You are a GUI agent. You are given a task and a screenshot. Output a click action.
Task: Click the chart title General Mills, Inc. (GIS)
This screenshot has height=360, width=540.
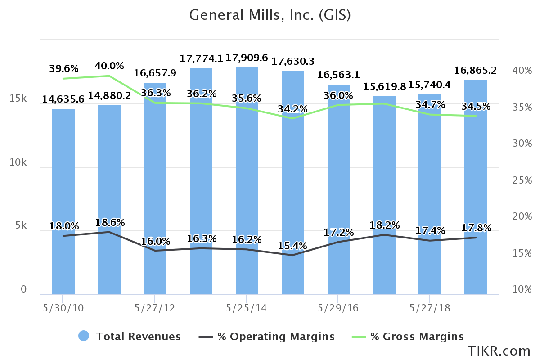pyautogui.click(x=270, y=15)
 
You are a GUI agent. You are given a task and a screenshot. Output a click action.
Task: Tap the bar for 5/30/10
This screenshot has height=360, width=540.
pyautogui.click(x=63, y=202)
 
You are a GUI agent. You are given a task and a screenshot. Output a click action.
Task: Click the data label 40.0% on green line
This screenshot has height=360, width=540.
pyautogui.click(x=109, y=66)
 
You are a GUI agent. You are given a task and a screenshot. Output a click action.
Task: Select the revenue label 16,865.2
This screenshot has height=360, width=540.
pyautogui.click(x=475, y=70)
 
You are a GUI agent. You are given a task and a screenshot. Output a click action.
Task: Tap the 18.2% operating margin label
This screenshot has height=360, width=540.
pyautogui.click(x=385, y=225)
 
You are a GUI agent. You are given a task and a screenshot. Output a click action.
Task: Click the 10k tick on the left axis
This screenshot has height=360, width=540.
pyautogui.click(x=18, y=162)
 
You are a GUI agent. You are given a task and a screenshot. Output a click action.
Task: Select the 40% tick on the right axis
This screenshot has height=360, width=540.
pyautogui.click(x=522, y=71)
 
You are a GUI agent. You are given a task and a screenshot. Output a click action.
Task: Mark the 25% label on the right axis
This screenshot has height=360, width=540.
pyautogui.click(x=522, y=180)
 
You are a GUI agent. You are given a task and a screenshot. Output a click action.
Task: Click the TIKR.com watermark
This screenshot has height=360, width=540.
pyautogui.click(x=499, y=351)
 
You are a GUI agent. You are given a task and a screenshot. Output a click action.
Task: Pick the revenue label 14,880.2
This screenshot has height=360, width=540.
pyautogui.click(x=109, y=96)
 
